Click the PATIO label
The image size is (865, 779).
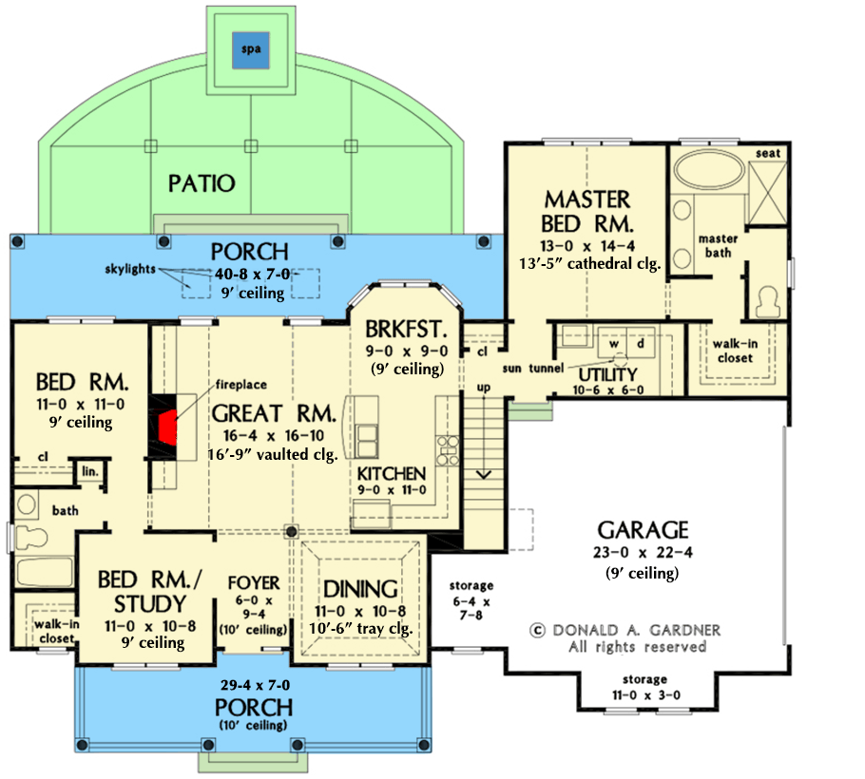(x=201, y=182)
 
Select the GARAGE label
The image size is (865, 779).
(x=644, y=530)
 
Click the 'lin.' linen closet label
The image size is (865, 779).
(x=90, y=471)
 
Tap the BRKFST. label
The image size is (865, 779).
(x=406, y=330)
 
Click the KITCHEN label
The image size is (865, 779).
(x=392, y=473)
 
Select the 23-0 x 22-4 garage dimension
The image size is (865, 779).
(x=644, y=552)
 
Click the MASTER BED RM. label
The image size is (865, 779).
(x=587, y=212)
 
